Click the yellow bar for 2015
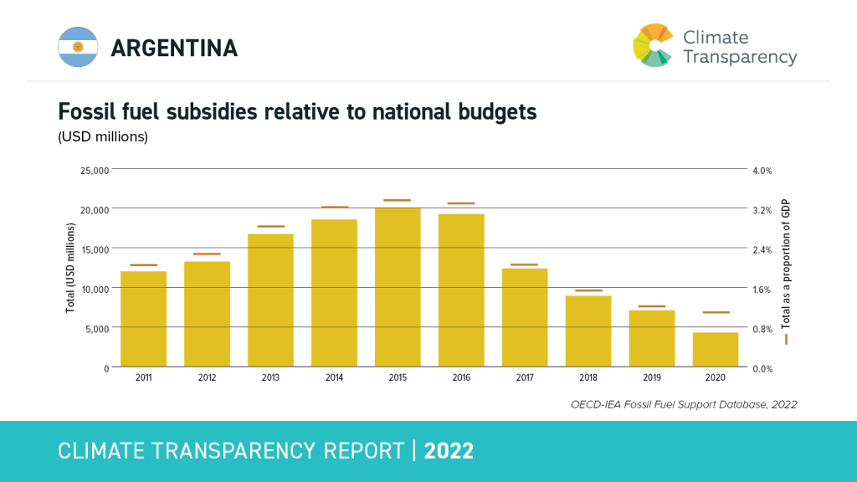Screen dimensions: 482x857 398,287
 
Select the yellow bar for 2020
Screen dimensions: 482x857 716,350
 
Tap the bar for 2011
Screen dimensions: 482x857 143,319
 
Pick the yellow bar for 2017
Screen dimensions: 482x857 525,317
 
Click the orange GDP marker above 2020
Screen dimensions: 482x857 716,312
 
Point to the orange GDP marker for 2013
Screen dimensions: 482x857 270,227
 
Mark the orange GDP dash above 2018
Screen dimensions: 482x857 588,290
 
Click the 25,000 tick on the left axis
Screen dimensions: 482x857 93,171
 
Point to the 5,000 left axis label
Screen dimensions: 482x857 95,329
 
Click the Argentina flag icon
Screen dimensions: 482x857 79,47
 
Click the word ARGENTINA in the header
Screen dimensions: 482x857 174,48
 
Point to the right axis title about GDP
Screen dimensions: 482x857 786,265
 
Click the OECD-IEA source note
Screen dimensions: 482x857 684,404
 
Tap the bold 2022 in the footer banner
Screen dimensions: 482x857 449,451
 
